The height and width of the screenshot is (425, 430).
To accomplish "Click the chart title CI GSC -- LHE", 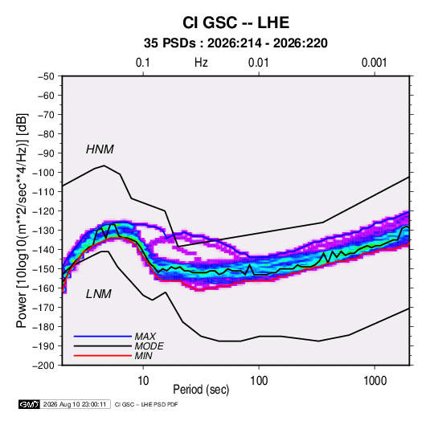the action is (x=235, y=22).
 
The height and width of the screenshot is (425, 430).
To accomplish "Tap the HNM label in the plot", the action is (x=100, y=149).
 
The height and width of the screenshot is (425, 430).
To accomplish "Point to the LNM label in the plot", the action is (x=99, y=294).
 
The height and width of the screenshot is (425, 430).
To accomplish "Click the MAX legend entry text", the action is (x=145, y=337).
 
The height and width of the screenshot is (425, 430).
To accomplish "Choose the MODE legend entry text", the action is (x=149, y=346).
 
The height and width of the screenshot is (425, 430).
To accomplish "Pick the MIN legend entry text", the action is (x=143, y=356).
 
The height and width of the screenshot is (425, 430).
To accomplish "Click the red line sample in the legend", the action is (x=103, y=356).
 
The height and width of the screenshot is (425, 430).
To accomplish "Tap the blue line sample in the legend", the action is (x=103, y=337).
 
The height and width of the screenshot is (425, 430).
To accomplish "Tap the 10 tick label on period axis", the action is (x=143, y=381).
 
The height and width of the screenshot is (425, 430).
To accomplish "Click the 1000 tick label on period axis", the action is (x=375, y=381).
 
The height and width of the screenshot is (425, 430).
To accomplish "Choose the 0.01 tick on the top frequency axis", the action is (x=259, y=63).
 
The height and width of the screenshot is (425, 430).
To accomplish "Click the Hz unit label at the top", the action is (x=201, y=63).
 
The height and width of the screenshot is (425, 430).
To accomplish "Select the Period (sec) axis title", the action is (x=201, y=390).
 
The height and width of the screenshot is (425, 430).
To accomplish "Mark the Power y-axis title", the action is (x=22, y=221).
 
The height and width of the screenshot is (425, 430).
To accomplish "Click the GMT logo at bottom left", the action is (x=30, y=404).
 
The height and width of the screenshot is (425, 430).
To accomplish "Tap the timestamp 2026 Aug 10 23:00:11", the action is (x=75, y=404).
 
